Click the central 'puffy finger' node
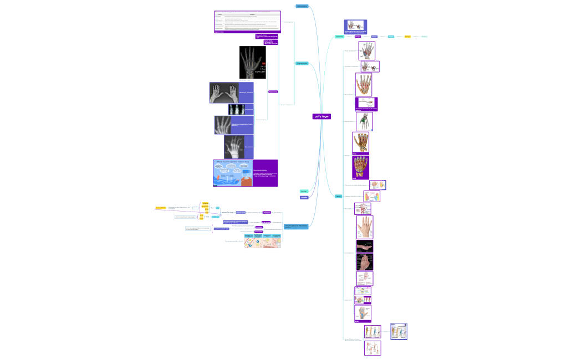(321, 116)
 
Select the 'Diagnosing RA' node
(302, 64)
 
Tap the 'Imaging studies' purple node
(273, 91)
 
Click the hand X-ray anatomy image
(253, 62)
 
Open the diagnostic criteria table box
(248, 22)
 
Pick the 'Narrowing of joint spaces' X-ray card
(231, 92)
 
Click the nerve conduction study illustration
(232, 173)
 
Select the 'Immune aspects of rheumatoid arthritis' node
(296, 227)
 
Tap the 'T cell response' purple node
(267, 212)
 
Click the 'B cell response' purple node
(266, 222)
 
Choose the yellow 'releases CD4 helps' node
(161, 208)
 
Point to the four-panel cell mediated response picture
(263, 241)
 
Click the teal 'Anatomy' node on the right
(338, 197)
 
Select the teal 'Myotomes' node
(339, 37)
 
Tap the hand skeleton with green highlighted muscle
(364, 121)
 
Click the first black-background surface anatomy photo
(364, 246)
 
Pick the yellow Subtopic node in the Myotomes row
(407, 37)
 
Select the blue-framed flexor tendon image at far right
(399, 331)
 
